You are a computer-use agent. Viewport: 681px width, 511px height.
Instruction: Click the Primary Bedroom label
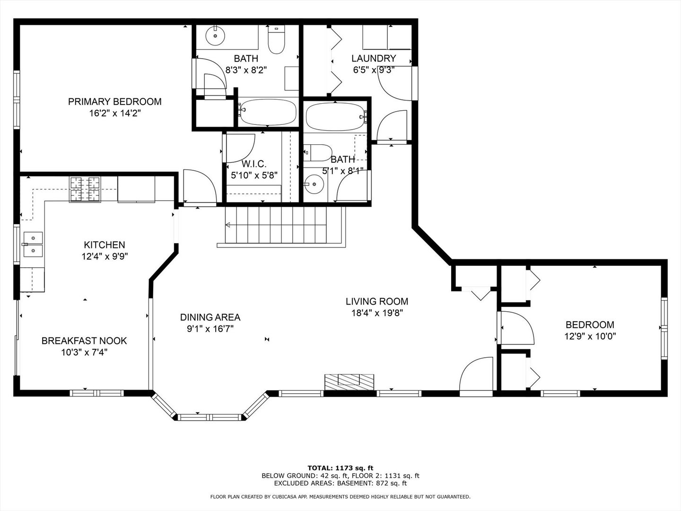coord(115,102)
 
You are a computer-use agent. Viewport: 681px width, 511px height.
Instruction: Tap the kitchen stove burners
coord(85,189)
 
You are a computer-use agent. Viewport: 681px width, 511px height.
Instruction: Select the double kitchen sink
coord(33,245)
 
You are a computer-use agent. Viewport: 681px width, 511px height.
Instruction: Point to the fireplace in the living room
coord(349,382)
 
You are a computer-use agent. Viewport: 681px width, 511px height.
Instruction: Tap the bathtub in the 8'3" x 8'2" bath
coord(268,112)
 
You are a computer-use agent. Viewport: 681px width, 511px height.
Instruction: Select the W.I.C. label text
coord(254,164)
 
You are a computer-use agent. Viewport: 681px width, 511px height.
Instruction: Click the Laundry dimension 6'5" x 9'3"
coord(374,70)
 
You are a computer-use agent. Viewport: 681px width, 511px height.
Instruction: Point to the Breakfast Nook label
coord(84,341)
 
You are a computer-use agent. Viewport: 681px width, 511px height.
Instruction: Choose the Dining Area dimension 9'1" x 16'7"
coord(210,328)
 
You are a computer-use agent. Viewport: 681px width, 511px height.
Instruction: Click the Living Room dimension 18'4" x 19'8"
coord(377,313)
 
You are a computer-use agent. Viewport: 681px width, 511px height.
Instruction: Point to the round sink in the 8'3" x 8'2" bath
coord(215,35)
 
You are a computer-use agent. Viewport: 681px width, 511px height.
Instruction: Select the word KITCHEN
coord(104,245)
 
